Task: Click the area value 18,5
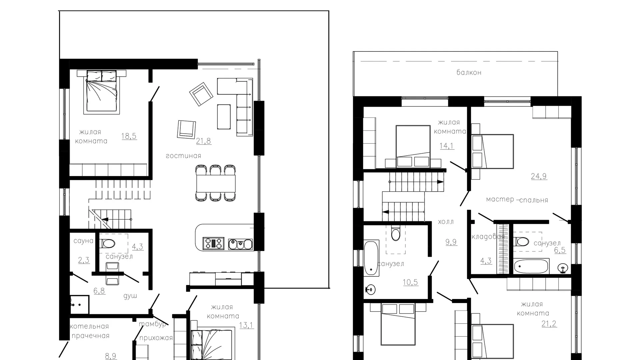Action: coord(129,136)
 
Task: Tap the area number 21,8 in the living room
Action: coord(203,141)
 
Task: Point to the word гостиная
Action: coord(184,156)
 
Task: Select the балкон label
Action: coord(469,72)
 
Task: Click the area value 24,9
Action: coord(539,176)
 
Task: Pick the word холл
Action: coord(446,222)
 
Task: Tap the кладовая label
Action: coord(488,237)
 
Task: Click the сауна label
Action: coord(83,241)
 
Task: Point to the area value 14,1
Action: coord(447,146)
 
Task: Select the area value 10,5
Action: coord(410,282)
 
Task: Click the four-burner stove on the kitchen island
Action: coord(213,243)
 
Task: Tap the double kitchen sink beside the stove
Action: coord(240,244)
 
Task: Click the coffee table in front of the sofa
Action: coord(224,117)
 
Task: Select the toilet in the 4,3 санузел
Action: coord(107,244)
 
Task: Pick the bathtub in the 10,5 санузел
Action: coord(371,258)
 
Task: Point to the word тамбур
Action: coord(152,324)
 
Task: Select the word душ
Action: coord(130,296)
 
